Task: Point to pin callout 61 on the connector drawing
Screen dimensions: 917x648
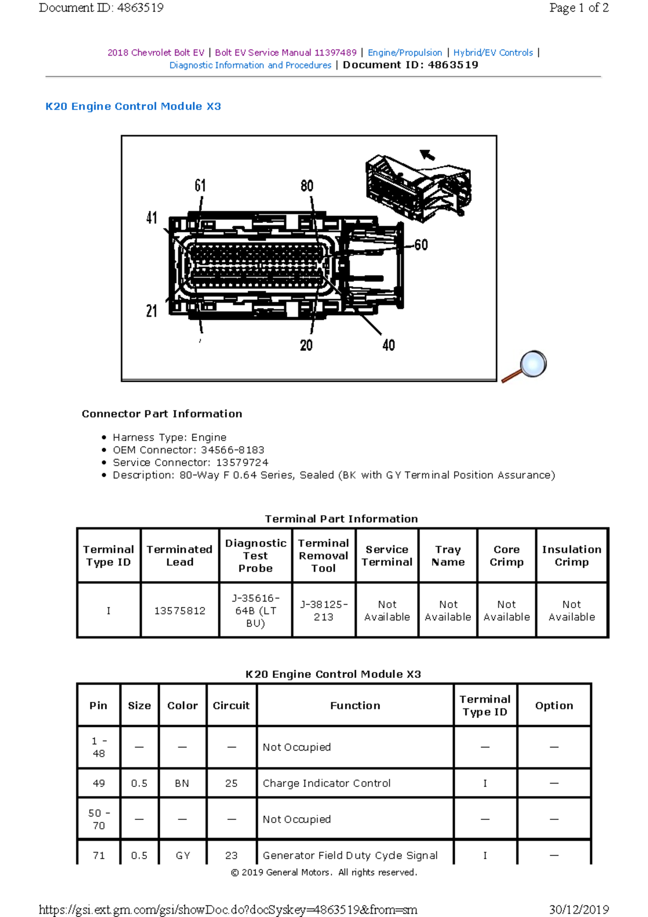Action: point(200,186)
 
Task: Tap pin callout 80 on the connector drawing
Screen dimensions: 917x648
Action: point(307,186)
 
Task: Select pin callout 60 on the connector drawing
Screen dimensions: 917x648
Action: point(421,245)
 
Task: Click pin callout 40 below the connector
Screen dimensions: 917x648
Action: point(388,345)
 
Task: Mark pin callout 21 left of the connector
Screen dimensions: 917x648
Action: point(152,311)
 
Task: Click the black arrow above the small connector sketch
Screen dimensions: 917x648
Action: point(428,155)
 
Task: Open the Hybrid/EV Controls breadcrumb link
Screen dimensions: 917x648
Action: point(493,52)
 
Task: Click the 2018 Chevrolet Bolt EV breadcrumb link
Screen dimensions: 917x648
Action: point(156,52)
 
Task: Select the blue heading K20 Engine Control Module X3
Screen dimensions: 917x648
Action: point(133,106)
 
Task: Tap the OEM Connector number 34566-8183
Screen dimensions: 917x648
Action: point(232,450)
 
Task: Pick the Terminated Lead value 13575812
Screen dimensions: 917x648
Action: point(180,611)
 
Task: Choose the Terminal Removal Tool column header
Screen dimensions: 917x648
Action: point(323,556)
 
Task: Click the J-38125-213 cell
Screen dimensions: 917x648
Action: point(323,611)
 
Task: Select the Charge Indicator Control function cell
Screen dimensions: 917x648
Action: point(326,783)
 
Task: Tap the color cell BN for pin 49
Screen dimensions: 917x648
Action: point(182,783)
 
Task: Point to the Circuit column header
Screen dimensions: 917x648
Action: point(231,705)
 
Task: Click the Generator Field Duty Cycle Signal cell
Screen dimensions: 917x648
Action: point(350,855)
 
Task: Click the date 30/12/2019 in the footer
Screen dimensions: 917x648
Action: point(579,909)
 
